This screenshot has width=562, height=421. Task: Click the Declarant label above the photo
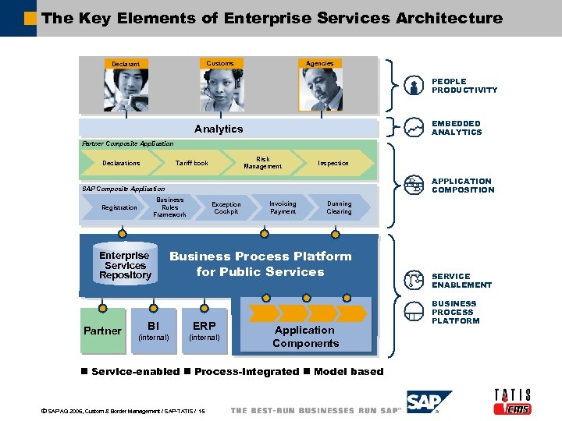tap(126, 64)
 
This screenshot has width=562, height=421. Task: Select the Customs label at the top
tap(219, 63)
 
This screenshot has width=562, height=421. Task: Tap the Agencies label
tap(319, 63)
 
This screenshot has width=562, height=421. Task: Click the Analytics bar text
tap(219, 129)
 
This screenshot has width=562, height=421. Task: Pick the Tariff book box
tap(191, 163)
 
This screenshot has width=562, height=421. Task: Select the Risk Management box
tap(262, 163)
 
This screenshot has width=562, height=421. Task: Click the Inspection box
tap(333, 163)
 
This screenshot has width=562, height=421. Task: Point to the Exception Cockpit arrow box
tap(226, 208)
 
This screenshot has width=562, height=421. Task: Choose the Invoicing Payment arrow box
tap(283, 208)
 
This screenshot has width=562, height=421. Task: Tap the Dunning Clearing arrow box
tap(339, 208)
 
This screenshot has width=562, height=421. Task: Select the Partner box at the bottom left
tap(102, 331)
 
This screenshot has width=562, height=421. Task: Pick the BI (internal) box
tap(153, 331)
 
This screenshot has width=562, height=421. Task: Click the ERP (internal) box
tap(205, 331)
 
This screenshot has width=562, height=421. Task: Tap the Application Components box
tap(305, 336)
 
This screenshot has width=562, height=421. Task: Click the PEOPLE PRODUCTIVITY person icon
tap(414, 87)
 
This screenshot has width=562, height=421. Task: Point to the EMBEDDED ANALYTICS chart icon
tap(414, 128)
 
